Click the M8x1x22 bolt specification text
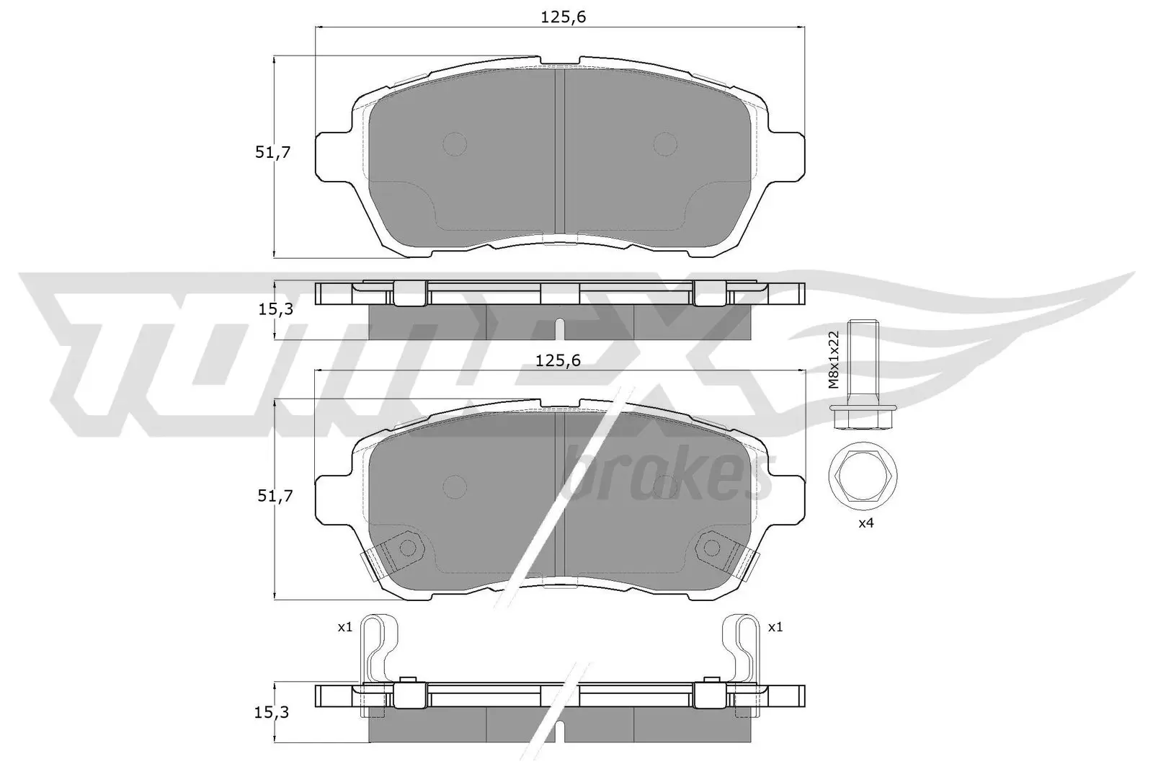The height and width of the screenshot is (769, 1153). pyautogui.click(x=834, y=360)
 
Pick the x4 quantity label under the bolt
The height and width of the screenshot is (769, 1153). pyautogui.click(x=866, y=524)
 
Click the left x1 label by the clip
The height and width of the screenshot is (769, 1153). pyautogui.click(x=345, y=628)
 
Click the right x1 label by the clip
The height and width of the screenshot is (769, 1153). pyautogui.click(x=775, y=628)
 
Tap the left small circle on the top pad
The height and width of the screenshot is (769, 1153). pyautogui.click(x=455, y=144)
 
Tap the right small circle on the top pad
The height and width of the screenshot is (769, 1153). pyautogui.click(x=666, y=144)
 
